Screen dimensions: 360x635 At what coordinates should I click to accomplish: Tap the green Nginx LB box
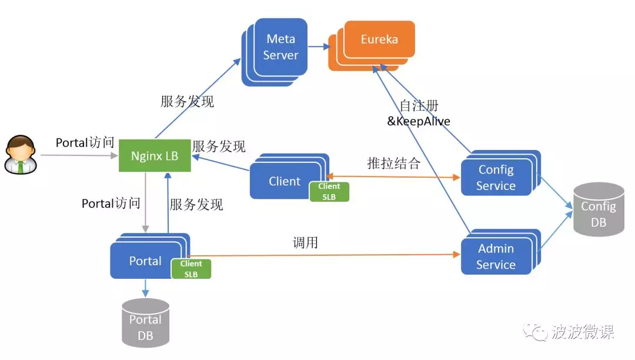[155, 156]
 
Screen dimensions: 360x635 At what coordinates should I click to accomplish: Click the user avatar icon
[19, 155]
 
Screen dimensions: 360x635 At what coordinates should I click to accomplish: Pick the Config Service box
[496, 178]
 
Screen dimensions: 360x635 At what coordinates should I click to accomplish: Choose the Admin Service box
[496, 256]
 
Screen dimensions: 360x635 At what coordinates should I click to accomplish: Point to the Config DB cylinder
[599, 210]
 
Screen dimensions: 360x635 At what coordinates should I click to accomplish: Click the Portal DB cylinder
[145, 323]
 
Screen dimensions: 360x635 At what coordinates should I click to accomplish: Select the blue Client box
[284, 181]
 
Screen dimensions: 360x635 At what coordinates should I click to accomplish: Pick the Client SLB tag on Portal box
[191, 269]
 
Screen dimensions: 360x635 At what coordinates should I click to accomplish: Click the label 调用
[305, 242]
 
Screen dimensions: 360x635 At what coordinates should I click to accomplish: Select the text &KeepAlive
[418, 122]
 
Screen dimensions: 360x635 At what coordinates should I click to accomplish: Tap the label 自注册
[419, 106]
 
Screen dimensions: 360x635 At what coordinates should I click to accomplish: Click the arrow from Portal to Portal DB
[145, 288]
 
